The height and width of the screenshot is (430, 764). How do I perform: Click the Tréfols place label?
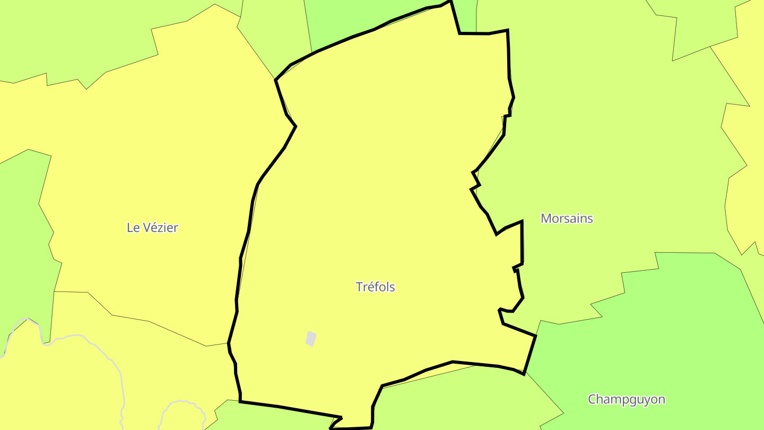tap(375, 287)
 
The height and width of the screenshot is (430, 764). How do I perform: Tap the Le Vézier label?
tap(152, 228)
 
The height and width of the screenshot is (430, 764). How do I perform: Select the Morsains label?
tap(567, 218)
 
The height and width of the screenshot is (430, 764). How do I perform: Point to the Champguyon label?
tap(626, 399)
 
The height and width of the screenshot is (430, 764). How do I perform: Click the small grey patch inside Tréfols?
tap(311, 339)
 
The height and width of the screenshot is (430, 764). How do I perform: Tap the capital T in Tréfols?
tap(359, 287)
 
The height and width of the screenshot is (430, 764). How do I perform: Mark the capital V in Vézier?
tap(145, 228)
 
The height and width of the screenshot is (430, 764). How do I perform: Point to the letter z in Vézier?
tap(160, 228)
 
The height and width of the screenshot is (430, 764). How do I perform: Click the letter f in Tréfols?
tap(375, 287)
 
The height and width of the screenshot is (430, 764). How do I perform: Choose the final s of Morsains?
tap(590, 218)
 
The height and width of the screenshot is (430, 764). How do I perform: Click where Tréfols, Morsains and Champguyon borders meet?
tap(535, 336)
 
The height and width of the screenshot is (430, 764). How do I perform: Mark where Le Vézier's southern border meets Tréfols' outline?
tap(229, 343)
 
